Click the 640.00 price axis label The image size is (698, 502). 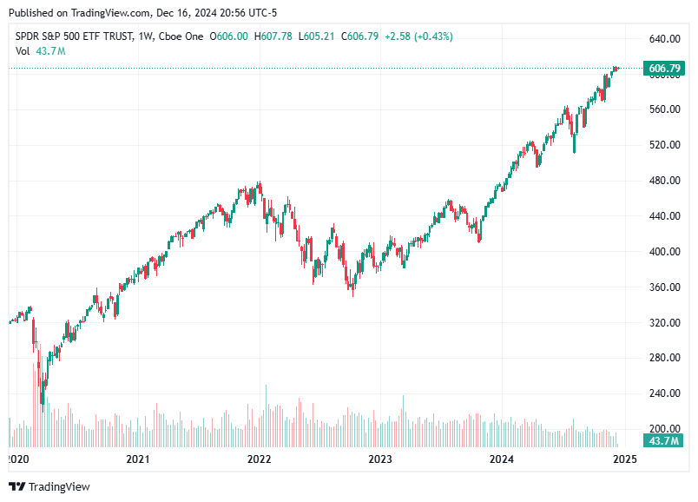663,39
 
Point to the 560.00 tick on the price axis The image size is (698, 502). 663,109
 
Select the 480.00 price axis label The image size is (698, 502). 663,181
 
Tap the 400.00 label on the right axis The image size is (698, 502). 663,252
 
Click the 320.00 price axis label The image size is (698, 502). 663,322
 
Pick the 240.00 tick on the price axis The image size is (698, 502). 663,393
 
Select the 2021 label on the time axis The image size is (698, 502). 137,459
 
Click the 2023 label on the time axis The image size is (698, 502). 380,459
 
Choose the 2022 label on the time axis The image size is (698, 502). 259,459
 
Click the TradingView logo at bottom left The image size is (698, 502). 49,487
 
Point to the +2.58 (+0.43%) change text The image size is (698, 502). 419,36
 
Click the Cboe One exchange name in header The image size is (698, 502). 181,36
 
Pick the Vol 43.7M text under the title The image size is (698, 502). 41,51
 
